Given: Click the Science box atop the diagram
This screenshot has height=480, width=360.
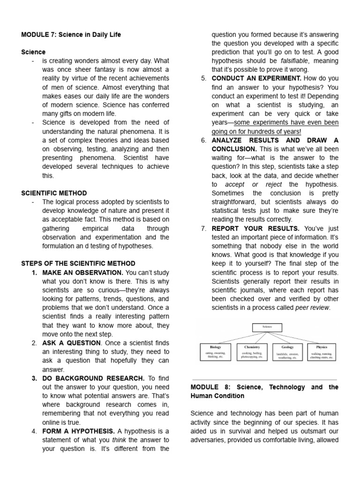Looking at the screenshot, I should tap(267, 327).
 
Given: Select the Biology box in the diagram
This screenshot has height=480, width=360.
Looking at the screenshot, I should tap(216, 352).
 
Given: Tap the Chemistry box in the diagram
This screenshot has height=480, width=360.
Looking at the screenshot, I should tap(252, 352).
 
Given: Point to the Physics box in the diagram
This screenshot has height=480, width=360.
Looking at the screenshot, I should tap(322, 352).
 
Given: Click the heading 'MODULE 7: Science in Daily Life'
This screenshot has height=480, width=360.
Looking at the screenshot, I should tap(71, 35).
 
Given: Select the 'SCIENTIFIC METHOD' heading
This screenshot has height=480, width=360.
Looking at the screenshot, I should tap(54, 193).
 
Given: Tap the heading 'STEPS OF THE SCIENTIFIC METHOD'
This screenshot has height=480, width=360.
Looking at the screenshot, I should tap(78, 263).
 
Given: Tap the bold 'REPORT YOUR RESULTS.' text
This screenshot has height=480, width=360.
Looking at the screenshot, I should tap(249, 228).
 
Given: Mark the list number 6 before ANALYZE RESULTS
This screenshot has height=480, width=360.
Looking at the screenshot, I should tap(203, 140).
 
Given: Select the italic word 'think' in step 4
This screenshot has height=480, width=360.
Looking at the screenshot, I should tap(119, 439).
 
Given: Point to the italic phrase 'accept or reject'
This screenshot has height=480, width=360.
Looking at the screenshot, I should tap(254, 184).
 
